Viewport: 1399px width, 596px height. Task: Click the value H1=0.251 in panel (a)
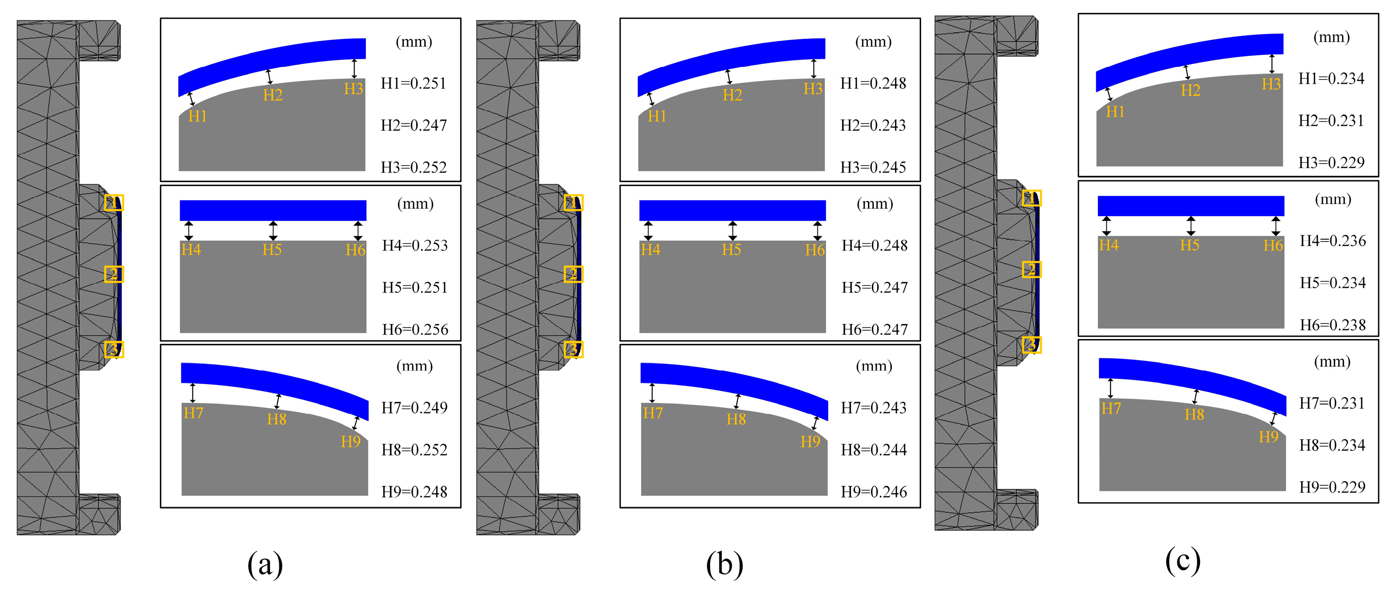(413, 84)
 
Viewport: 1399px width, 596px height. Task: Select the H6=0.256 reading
(415, 330)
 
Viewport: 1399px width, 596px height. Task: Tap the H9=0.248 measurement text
(414, 492)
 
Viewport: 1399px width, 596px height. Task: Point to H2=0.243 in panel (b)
(873, 125)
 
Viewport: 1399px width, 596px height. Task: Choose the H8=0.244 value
(873, 450)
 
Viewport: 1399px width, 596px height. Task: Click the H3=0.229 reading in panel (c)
(1331, 162)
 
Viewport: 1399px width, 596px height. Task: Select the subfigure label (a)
(265, 564)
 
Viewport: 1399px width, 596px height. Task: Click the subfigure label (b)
(724, 564)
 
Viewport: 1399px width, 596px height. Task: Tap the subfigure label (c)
(1183, 560)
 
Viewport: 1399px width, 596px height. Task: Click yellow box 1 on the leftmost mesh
(114, 203)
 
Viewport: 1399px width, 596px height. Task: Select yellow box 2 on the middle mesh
(574, 274)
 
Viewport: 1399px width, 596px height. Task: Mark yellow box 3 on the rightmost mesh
(1032, 345)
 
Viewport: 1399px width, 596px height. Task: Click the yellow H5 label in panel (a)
(272, 249)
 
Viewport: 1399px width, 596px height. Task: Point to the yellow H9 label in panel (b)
(810, 442)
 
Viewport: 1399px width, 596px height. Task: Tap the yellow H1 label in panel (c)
(1115, 112)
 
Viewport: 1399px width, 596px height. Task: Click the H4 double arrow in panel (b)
(648, 231)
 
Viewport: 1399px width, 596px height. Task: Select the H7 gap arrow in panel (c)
(1110, 388)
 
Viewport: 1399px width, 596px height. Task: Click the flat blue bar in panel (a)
(273, 210)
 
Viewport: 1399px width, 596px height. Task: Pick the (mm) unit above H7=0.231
(1332, 362)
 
